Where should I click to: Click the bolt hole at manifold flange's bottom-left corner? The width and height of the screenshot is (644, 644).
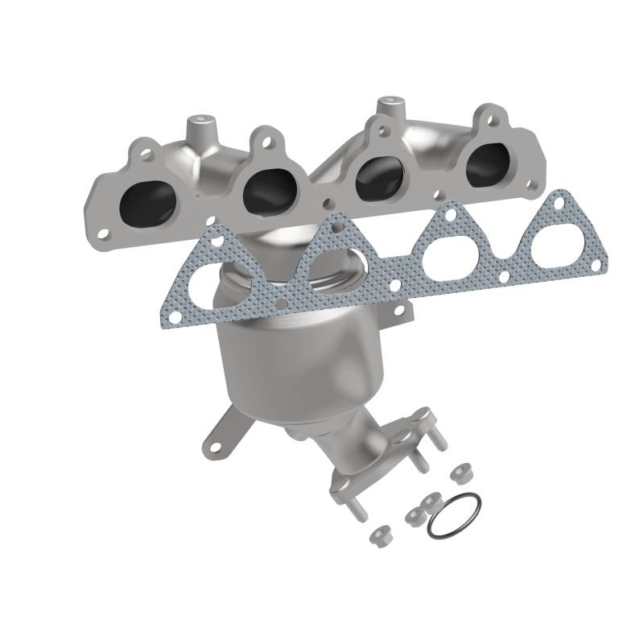104,233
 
